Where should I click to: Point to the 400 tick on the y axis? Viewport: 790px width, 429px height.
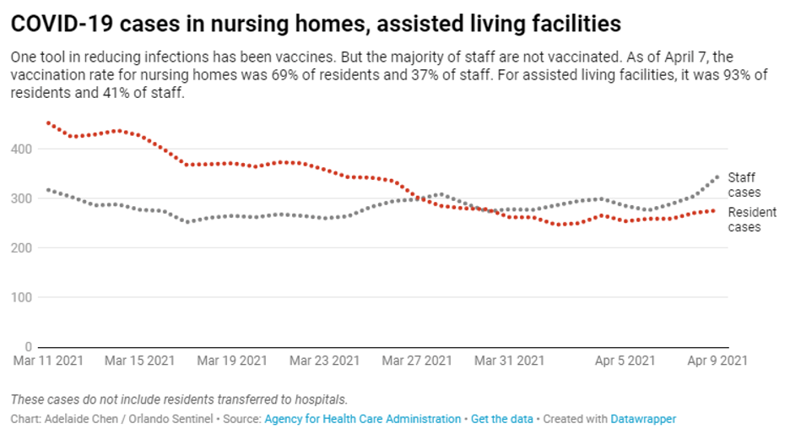coord(21,149)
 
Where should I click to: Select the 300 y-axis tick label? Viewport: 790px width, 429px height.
coord(21,198)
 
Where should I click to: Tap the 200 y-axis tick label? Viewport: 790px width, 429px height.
coord(21,248)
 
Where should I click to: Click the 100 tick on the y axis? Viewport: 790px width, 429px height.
coord(21,297)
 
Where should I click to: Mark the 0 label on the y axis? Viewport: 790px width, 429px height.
coord(28,347)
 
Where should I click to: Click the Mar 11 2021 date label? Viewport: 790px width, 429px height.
coord(47,361)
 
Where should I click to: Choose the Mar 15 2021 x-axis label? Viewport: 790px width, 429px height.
coord(140,361)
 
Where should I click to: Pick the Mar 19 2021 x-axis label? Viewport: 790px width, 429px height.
coord(232,361)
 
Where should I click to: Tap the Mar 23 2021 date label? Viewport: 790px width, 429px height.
coord(324,361)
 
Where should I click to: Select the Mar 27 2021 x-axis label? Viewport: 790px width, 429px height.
coord(417,361)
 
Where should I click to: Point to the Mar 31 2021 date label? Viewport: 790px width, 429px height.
coord(509,361)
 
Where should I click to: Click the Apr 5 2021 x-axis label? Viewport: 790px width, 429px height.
coord(624,361)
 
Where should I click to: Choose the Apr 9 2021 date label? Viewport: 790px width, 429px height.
coord(716,361)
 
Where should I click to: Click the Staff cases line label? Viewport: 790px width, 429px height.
coord(744,185)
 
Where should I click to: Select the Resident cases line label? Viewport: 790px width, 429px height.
coord(751,220)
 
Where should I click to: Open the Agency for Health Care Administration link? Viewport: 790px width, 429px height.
coord(363,419)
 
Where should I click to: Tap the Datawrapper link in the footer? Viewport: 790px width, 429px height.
coord(643,419)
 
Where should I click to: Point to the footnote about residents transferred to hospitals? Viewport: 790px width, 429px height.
coord(179,399)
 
